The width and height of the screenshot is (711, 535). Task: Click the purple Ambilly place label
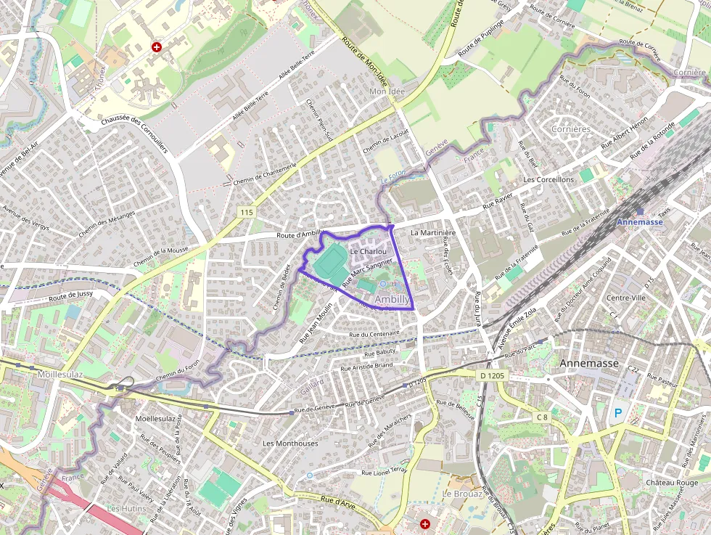(x=393, y=299)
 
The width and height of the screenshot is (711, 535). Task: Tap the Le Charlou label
(x=368, y=251)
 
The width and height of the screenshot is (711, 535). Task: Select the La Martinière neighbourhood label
(x=432, y=233)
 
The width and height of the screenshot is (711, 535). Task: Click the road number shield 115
(x=247, y=212)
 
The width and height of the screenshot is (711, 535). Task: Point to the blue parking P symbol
(x=618, y=413)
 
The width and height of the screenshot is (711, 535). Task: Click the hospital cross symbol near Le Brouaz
(x=426, y=523)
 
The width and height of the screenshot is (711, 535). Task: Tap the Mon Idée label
(x=387, y=91)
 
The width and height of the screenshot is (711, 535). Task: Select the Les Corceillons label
(x=548, y=179)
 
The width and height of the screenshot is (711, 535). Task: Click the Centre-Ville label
(x=626, y=298)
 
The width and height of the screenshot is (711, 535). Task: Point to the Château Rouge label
(x=672, y=483)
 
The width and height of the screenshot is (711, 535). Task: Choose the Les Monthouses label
(x=290, y=443)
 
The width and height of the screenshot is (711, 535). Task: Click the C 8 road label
(x=542, y=417)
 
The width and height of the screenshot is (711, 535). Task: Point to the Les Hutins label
(x=126, y=508)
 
